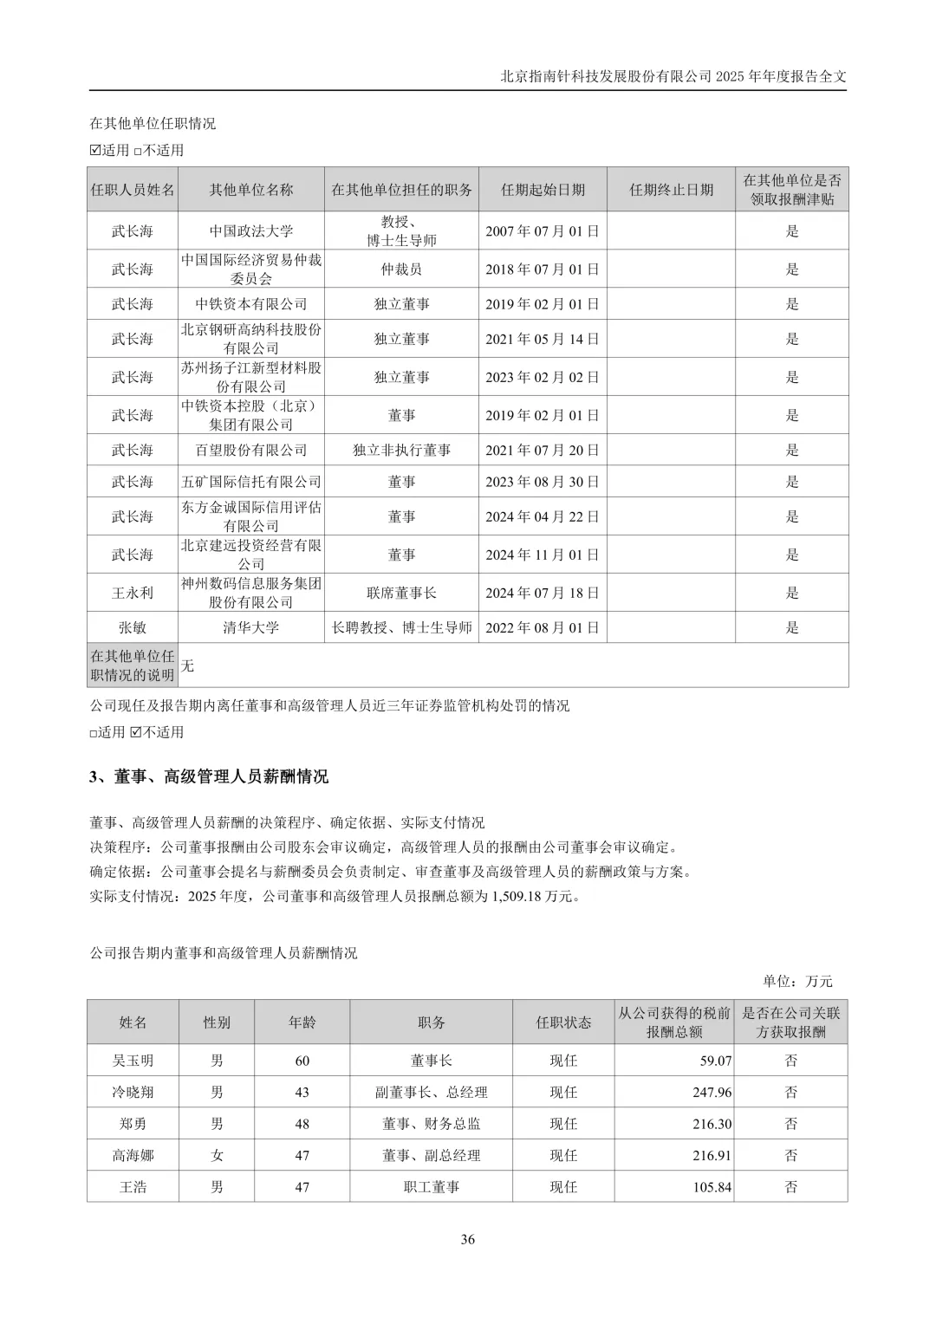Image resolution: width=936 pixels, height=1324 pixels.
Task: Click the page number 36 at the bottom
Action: pyautogui.click(x=468, y=1239)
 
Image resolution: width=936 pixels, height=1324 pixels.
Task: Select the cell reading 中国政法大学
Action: pyautogui.click(x=251, y=231)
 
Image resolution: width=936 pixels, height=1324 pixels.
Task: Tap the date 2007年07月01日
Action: pyautogui.click(x=542, y=231)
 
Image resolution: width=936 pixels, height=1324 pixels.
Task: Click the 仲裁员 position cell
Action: pyautogui.click(x=401, y=269)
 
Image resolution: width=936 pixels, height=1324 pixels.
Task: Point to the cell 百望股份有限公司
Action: pyautogui.click(x=251, y=451)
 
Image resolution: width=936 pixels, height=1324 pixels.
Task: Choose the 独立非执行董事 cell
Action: pyautogui.click(x=401, y=451)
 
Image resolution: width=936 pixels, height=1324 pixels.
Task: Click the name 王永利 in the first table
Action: pyautogui.click(x=132, y=594)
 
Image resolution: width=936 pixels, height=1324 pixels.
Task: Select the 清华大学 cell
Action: pyautogui.click(x=251, y=628)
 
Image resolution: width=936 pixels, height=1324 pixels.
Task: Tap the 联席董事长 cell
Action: pyautogui.click(x=401, y=594)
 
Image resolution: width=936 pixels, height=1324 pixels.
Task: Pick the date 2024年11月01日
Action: pyautogui.click(x=542, y=555)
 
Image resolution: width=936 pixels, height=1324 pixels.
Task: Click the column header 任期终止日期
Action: pyautogui.click(x=671, y=190)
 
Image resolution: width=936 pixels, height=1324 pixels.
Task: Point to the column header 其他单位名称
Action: pyautogui.click(x=251, y=190)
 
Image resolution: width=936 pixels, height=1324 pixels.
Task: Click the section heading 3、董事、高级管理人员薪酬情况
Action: pyautogui.click(x=209, y=777)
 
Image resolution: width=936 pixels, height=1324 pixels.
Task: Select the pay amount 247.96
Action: pyautogui.click(x=712, y=1093)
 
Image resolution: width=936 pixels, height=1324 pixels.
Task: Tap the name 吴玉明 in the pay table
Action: pyautogui.click(x=133, y=1061)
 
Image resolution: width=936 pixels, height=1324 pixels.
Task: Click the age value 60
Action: pyautogui.click(x=302, y=1061)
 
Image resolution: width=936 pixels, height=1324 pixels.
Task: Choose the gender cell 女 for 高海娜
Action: pyautogui.click(x=217, y=1156)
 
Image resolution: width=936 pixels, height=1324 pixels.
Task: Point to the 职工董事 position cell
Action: pyautogui.click(x=431, y=1187)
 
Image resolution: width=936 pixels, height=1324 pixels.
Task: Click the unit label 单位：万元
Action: pyautogui.click(x=797, y=982)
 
